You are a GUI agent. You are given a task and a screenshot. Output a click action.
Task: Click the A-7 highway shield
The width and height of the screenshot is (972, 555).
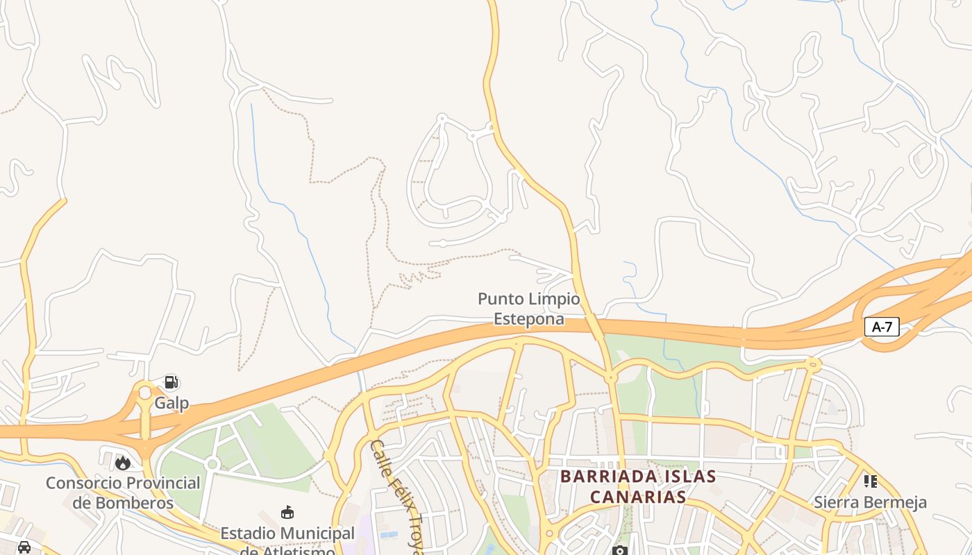coord(882,327)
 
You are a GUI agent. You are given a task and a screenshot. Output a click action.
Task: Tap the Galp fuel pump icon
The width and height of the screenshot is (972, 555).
coord(171,382)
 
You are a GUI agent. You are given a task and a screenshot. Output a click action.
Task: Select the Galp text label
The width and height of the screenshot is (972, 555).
coord(171,403)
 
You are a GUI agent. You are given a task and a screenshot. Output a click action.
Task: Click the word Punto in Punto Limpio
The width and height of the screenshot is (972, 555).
coord(501,300)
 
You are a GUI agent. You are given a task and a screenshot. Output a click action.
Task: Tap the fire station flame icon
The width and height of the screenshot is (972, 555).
coord(123,462)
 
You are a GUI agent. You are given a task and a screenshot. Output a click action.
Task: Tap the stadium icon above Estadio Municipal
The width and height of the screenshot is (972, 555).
coord(287,513)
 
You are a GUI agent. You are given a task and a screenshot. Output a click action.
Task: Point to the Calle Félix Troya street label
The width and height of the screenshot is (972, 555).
coord(396,496)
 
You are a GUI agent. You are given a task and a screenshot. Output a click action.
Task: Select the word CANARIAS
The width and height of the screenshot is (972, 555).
coord(637,497)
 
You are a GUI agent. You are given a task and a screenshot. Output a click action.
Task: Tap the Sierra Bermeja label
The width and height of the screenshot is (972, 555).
coord(870,502)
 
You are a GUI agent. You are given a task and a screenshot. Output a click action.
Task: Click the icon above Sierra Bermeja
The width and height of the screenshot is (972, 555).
coord(870,481)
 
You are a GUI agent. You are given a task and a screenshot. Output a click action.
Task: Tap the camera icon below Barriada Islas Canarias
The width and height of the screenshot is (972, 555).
coord(619,551)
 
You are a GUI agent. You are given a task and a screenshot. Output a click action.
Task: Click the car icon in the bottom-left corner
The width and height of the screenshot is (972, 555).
coord(24,547)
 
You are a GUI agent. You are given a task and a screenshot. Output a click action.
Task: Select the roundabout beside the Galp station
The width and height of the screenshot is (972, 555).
coord(144,393)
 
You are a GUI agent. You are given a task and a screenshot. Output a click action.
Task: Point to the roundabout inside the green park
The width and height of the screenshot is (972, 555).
coord(212,463)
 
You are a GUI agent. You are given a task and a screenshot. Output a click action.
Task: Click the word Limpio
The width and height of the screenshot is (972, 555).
coord(553,300)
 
